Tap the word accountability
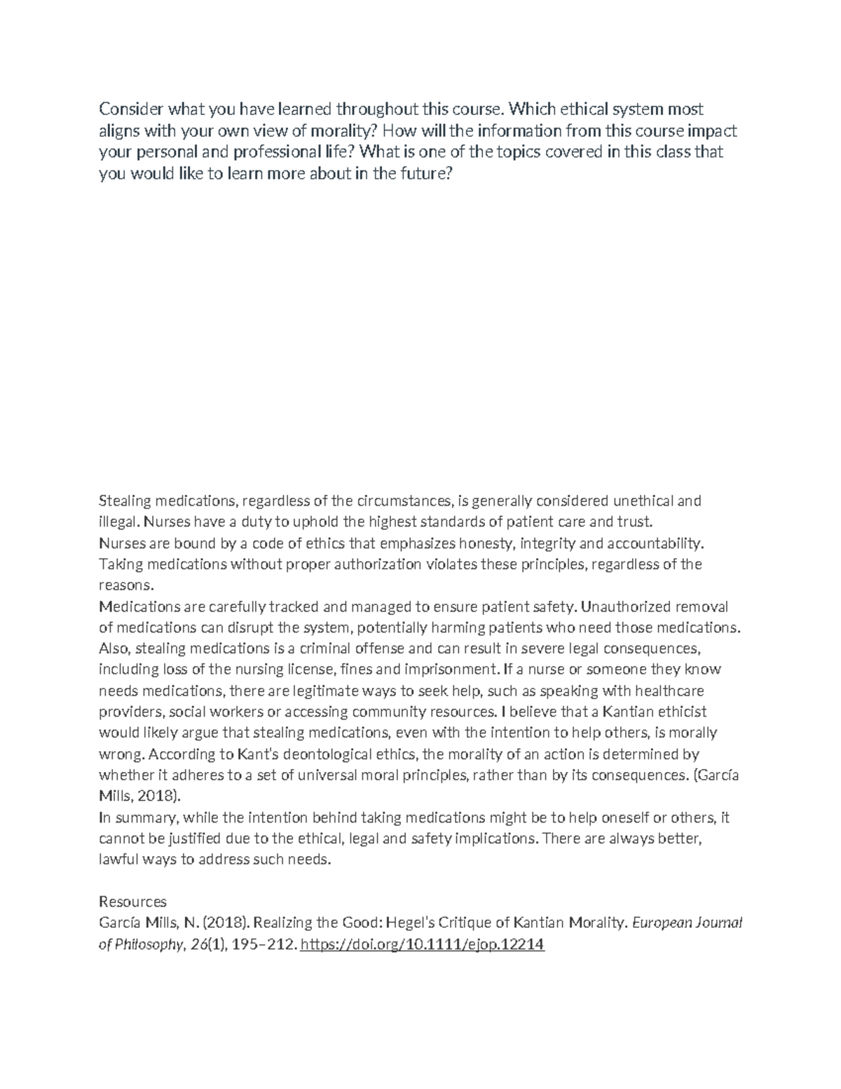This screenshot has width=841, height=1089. pos(654,543)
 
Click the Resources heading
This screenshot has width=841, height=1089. pos(132,901)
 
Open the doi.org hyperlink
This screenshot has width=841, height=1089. pos(422,945)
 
